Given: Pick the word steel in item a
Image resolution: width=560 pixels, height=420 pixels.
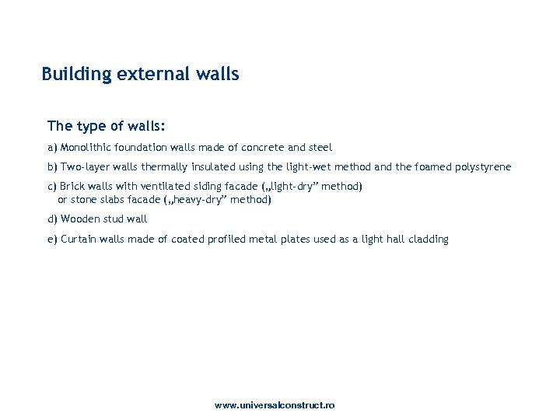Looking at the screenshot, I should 320,147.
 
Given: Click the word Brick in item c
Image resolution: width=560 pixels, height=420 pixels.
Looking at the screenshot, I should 73,187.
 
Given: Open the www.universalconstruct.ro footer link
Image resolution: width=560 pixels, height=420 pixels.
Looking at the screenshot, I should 275,406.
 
